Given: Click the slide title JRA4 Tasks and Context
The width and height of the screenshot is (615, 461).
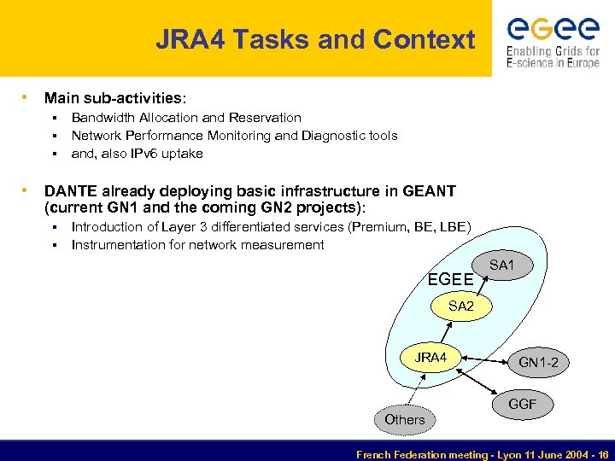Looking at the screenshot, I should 314,39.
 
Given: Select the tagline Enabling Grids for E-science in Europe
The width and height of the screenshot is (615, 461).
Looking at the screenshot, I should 553,58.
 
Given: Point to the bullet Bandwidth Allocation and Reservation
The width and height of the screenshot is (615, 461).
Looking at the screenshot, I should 186,118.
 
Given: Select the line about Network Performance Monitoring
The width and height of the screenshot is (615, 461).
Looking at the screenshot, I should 234,136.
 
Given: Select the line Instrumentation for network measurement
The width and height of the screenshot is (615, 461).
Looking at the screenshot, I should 197,245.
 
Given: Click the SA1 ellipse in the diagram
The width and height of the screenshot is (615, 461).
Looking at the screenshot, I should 501,266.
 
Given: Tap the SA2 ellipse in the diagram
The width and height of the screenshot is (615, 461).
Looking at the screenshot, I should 460,306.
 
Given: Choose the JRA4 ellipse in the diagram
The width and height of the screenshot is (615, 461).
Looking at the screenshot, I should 431,358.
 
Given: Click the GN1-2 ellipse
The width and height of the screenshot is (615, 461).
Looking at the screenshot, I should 540,362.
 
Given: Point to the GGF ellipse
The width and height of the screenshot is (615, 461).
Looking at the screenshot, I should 522,404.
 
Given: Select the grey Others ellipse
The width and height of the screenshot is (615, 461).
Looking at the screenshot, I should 404,419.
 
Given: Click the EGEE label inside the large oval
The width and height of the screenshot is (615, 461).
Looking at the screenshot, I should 450,279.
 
